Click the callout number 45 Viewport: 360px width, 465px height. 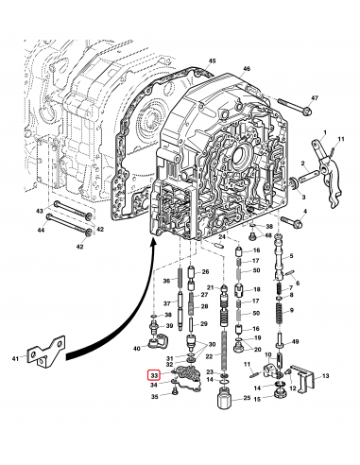212,60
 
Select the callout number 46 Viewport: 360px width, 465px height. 246,70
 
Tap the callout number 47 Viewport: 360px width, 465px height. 316,98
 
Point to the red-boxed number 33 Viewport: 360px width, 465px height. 154,375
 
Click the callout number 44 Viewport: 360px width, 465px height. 42,230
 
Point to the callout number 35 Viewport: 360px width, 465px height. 154,399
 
